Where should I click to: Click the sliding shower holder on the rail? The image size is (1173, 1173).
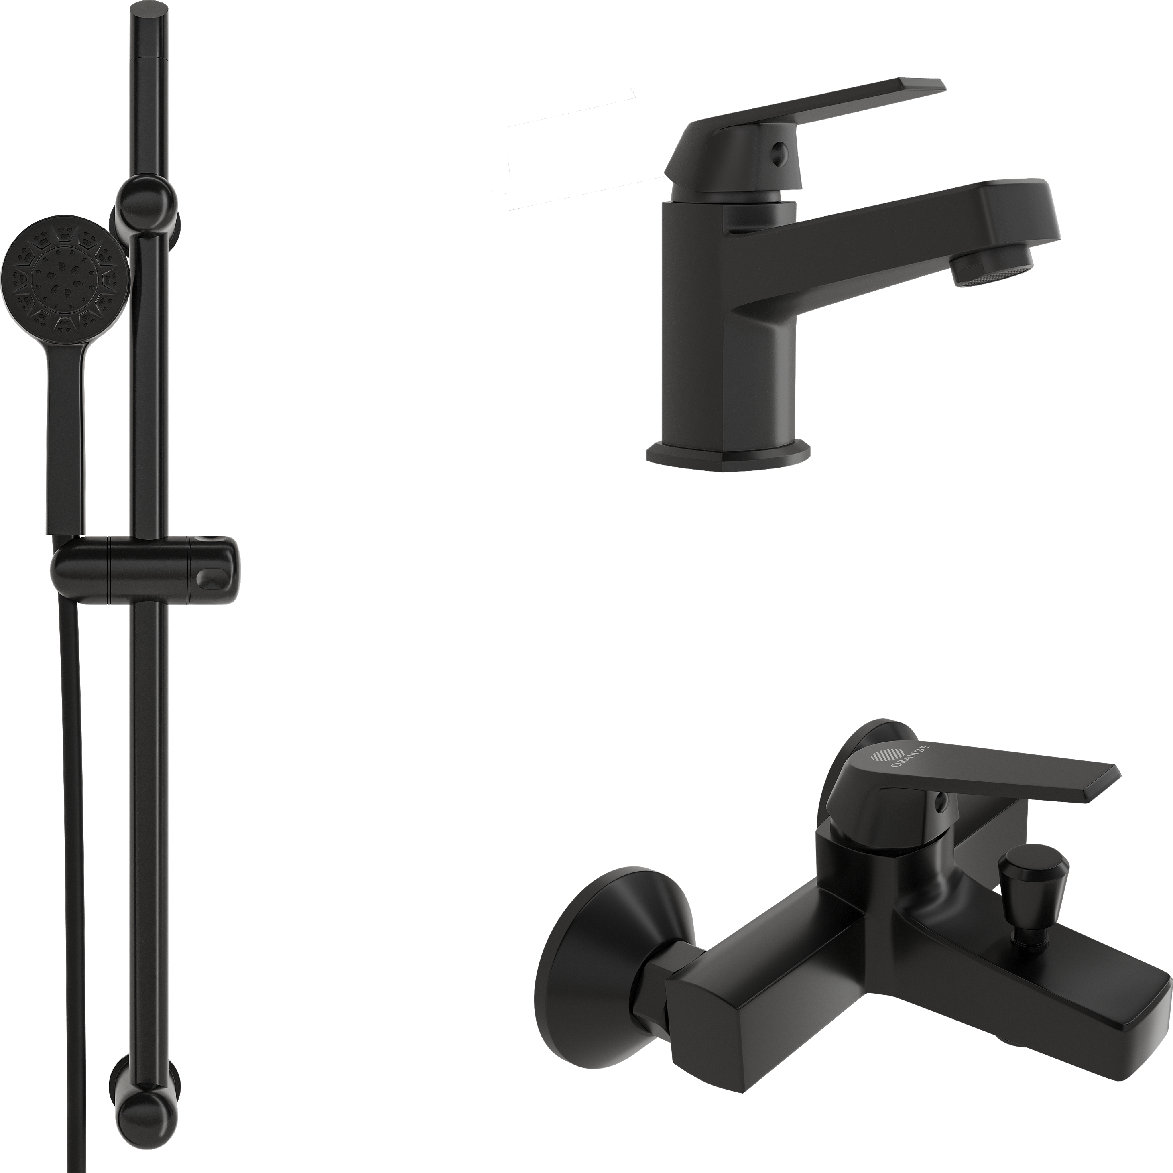pyautogui.click(x=146, y=569)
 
